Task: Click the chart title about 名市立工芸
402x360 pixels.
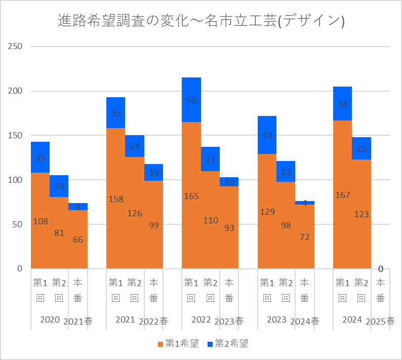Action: click(x=201, y=21)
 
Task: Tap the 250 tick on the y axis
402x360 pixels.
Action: click(x=16, y=47)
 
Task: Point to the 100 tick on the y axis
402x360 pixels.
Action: click(x=16, y=180)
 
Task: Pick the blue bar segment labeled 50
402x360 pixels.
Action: click(x=191, y=100)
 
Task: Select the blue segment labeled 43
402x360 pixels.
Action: click(x=267, y=135)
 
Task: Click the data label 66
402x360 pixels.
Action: click(x=78, y=240)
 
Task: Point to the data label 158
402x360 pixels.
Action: click(x=116, y=199)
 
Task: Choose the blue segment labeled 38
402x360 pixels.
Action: click(x=342, y=103)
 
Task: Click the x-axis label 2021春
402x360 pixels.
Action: click(x=78, y=322)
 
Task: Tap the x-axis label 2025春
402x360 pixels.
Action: click(x=380, y=322)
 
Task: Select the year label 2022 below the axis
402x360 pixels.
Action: click(x=201, y=319)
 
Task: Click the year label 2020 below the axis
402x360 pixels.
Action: click(x=50, y=319)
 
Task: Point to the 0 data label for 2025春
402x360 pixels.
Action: click(x=380, y=269)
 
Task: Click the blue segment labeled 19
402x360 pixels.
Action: click(x=153, y=172)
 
